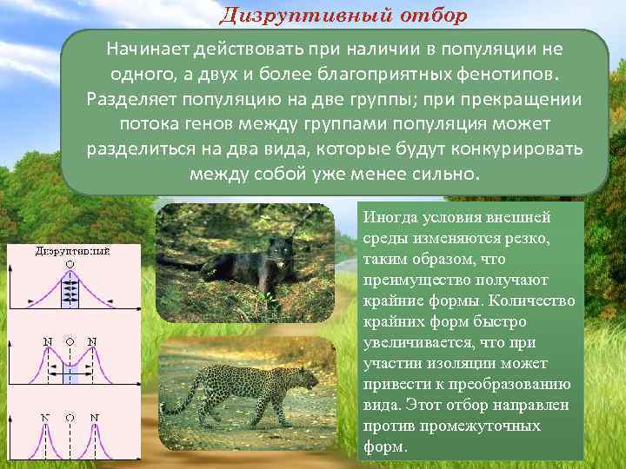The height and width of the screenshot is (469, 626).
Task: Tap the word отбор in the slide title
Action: click(430, 16)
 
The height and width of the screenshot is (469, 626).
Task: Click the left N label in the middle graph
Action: click(48, 340)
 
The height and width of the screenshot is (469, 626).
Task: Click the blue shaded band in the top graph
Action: click(70, 291)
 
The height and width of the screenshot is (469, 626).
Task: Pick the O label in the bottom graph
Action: click(70, 417)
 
